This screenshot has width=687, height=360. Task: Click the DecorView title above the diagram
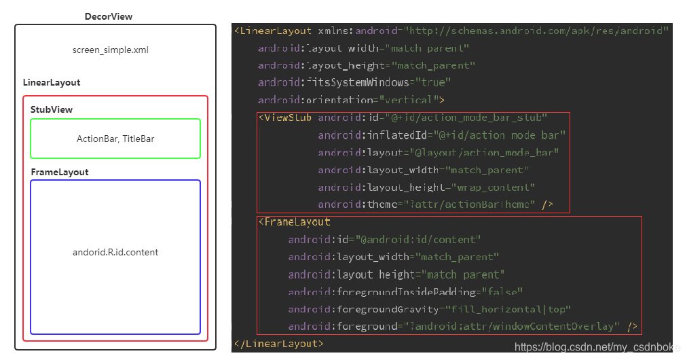[x=109, y=16]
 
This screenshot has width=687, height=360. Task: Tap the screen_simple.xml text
[x=111, y=50]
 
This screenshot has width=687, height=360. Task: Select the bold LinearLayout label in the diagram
[x=52, y=82]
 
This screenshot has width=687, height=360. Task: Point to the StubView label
[x=52, y=109]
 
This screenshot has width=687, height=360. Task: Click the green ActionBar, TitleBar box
[x=115, y=139]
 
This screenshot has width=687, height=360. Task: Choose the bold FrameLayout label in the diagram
[x=60, y=172]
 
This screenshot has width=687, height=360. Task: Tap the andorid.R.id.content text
[x=115, y=252]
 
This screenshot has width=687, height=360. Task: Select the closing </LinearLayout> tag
[x=278, y=344]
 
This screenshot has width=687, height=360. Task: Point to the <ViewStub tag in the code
[x=285, y=118]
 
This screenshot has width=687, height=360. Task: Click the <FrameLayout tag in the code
[x=295, y=221]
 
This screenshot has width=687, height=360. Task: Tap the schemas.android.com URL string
[x=536, y=31]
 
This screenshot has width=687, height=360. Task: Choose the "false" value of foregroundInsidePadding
[x=502, y=292]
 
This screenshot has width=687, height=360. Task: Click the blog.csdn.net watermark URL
[x=597, y=347]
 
